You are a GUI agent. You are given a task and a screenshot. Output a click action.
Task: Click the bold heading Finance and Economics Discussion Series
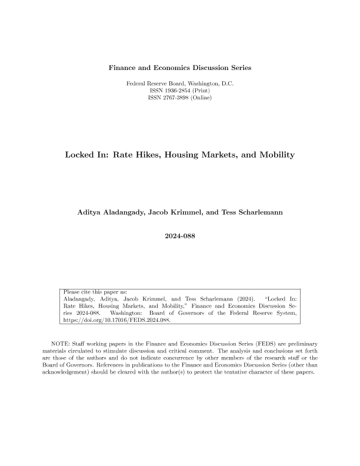click(x=180, y=68)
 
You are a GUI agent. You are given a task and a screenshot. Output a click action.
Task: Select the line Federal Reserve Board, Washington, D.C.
click(x=180, y=84)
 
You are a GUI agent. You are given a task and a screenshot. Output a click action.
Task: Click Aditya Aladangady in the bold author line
click(x=112, y=211)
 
